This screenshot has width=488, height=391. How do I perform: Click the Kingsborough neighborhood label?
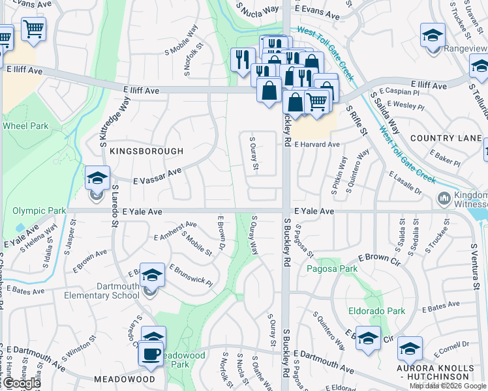(x=146, y=151)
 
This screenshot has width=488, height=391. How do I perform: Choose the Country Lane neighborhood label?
(x=446, y=138)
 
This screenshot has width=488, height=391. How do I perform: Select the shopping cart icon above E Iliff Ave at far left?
(x=33, y=29)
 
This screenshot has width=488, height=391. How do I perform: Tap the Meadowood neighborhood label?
(x=124, y=379)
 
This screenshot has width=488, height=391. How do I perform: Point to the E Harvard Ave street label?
(x=316, y=144)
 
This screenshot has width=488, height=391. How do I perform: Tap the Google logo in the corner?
(x=21, y=383)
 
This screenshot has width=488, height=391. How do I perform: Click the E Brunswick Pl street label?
(x=191, y=276)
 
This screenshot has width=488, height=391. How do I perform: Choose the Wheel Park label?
(x=25, y=126)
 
